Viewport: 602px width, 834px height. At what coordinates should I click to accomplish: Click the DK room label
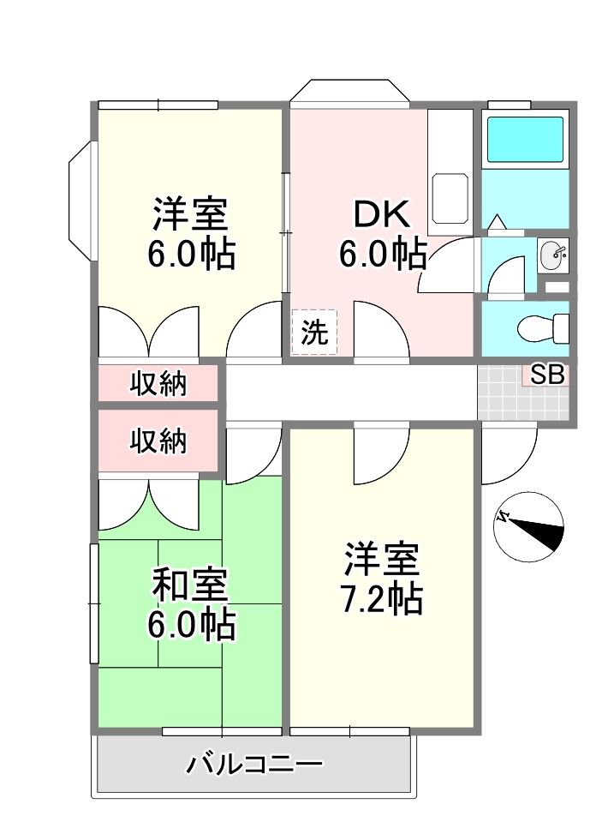[382, 213]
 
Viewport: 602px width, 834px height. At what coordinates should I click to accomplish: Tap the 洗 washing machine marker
[314, 333]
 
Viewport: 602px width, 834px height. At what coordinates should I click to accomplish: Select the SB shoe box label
[548, 375]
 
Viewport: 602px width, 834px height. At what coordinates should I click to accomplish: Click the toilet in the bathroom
[543, 328]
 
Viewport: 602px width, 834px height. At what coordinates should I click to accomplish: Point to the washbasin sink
[553, 255]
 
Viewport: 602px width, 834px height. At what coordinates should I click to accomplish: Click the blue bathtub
[525, 140]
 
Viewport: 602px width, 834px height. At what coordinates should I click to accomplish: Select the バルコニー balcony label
[254, 765]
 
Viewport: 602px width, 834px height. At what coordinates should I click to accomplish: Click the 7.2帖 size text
[382, 599]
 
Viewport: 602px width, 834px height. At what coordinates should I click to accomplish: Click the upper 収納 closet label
[158, 383]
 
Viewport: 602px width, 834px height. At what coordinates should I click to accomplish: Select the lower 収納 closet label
[158, 441]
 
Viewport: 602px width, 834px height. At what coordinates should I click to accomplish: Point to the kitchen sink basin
[450, 198]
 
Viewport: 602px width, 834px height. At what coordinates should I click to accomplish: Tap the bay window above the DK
[349, 90]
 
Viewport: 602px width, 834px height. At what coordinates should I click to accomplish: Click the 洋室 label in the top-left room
[191, 213]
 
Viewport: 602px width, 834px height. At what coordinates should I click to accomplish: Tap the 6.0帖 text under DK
[383, 254]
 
